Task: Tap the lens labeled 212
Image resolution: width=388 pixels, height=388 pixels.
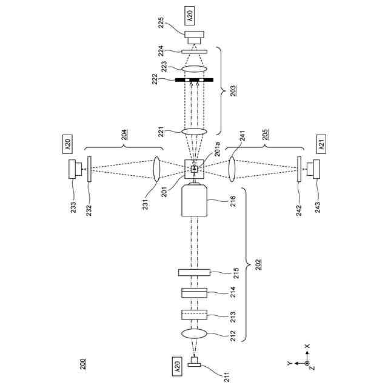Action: pos(195,334)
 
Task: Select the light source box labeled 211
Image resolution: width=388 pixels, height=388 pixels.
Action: pos(195,363)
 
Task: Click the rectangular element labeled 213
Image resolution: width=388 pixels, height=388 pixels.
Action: pos(195,315)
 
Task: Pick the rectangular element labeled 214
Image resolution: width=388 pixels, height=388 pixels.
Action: pos(195,293)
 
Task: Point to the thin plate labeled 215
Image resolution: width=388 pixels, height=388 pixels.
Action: pos(195,272)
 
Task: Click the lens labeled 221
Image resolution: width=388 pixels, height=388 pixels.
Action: pos(195,131)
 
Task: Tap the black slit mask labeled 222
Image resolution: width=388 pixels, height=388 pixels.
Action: pos(195,79)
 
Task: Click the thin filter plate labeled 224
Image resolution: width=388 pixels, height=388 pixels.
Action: pos(195,52)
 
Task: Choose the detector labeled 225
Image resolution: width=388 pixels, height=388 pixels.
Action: pos(195,38)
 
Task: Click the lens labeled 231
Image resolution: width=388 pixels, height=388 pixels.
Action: pos(156,168)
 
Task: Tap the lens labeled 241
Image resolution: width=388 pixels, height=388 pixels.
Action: pos(233,168)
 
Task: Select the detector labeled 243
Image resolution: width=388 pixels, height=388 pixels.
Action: pos(313,168)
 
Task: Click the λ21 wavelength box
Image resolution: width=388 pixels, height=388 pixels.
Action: pos(319,145)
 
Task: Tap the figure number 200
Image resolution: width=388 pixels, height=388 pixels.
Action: pos(82,364)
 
